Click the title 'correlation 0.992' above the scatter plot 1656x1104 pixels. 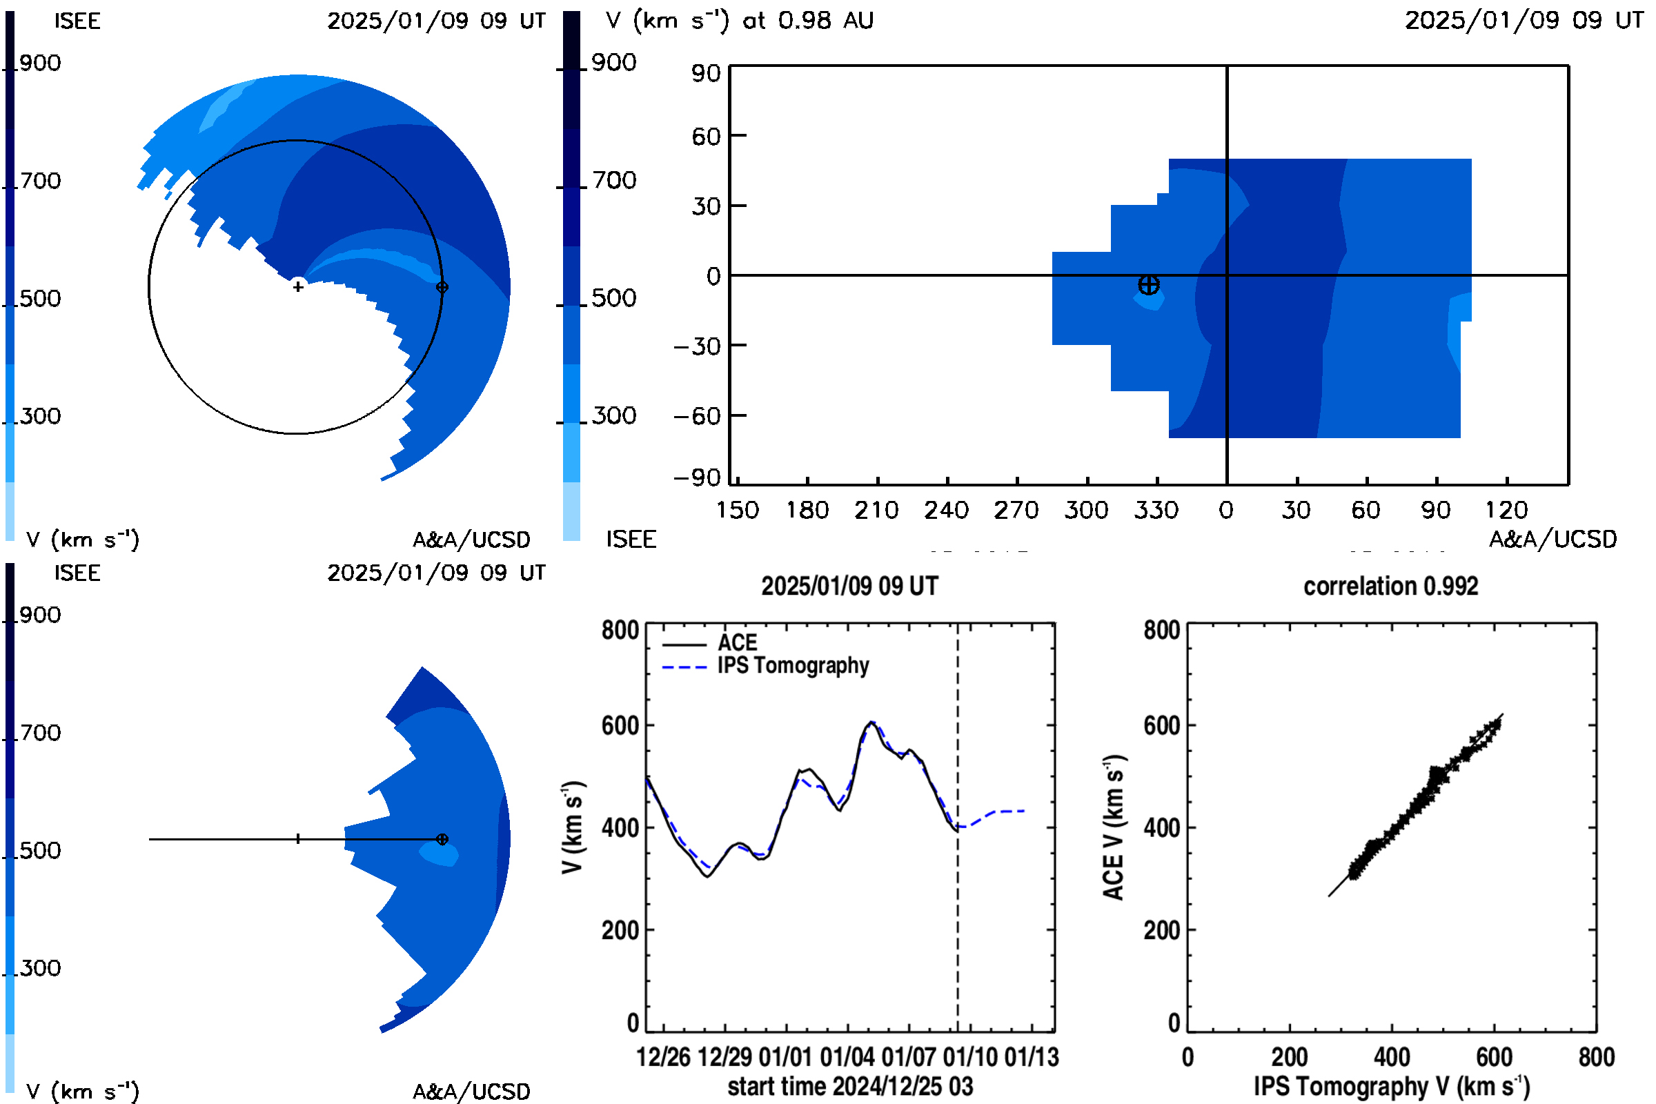coord(1390,586)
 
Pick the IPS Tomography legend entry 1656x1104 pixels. coord(765,665)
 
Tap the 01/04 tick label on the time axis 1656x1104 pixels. coord(847,1057)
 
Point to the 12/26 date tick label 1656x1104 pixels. coord(663,1057)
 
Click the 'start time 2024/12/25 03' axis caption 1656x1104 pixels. coord(850,1086)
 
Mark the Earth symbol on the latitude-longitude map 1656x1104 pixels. coord(1148,285)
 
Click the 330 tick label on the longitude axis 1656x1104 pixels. coord(1156,510)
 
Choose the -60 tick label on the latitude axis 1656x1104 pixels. coord(697,416)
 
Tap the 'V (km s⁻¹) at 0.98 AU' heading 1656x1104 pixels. coord(739,20)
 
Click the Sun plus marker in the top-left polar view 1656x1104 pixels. coord(298,286)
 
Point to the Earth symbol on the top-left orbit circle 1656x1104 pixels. coord(442,287)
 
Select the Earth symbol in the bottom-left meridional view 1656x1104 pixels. coord(442,839)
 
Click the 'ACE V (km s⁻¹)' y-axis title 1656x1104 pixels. coord(1114,827)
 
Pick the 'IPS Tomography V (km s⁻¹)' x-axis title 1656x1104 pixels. coord(1392,1086)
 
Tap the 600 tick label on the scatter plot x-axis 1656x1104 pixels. coord(1494,1057)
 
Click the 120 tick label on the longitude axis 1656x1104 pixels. coord(1507,510)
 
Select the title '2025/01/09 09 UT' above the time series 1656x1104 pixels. coord(850,586)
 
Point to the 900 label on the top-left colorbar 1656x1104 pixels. coord(40,63)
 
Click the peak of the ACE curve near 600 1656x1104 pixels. coord(871,722)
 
